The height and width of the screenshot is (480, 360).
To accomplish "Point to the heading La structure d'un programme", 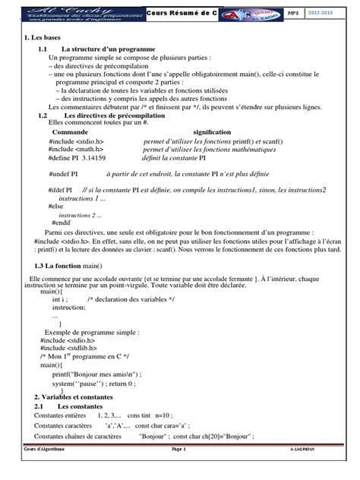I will tap(109, 49).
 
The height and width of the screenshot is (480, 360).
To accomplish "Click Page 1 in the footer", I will tap(179, 471).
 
